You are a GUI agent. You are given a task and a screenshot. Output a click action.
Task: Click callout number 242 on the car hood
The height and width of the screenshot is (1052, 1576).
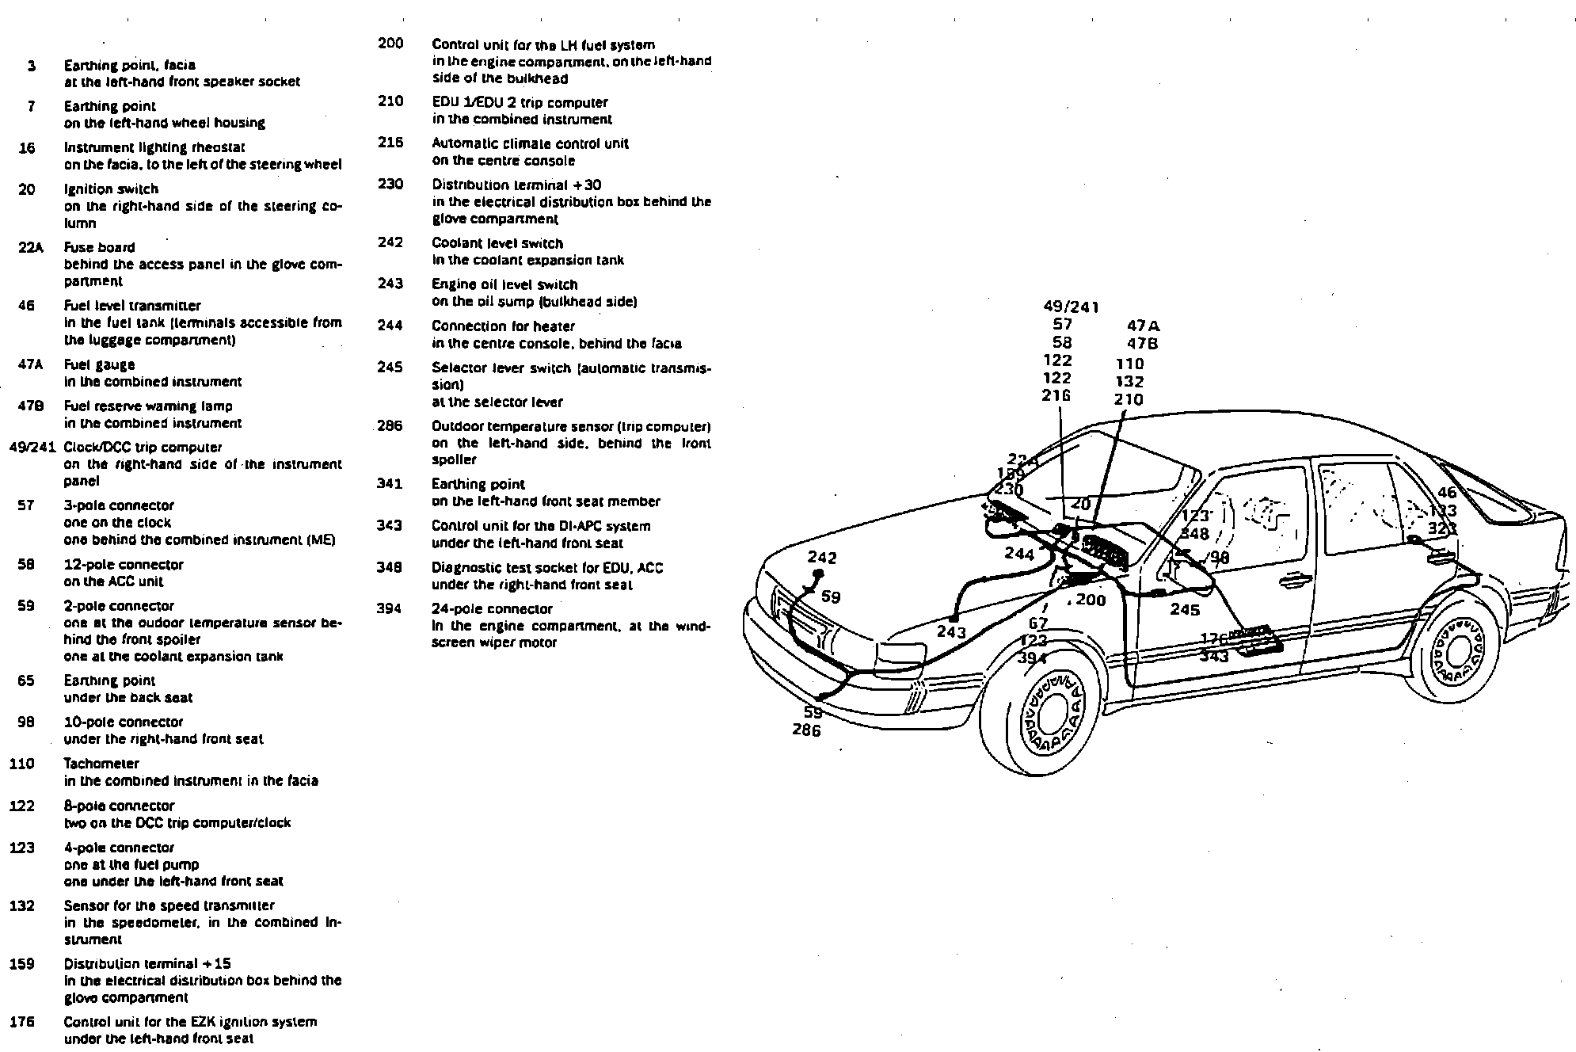(x=822, y=558)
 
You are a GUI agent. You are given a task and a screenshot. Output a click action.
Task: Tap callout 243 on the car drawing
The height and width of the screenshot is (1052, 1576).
(x=951, y=632)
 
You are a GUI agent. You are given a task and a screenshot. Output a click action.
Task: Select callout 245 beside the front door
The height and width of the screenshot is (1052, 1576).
(x=1185, y=610)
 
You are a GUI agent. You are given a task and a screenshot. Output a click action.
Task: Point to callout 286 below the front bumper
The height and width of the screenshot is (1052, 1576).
(x=806, y=730)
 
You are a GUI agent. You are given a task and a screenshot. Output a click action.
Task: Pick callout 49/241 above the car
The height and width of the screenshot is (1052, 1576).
(x=1071, y=307)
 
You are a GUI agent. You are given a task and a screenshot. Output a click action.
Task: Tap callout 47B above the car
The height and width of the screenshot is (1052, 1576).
(x=1142, y=344)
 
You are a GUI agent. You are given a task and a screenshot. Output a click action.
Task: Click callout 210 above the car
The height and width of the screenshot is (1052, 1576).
(x=1129, y=400)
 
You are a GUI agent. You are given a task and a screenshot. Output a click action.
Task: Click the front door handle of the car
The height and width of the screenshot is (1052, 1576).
(x=1293, y=582)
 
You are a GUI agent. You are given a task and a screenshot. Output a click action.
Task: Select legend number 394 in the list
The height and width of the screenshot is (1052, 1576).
(x=389, y=608)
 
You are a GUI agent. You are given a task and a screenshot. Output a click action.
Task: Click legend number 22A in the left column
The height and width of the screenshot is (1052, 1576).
(x=30, y=247)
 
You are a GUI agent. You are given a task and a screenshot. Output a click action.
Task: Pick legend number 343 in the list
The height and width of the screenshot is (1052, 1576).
(x=389, y=525)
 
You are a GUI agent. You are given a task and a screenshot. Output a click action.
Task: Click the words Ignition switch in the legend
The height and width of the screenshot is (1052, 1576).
(x=111, y=189)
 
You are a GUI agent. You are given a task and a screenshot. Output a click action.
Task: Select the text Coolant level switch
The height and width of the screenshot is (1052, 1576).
(x=497, y=243)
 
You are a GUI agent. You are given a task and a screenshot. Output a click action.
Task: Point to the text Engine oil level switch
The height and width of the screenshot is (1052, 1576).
(x=504, y=284)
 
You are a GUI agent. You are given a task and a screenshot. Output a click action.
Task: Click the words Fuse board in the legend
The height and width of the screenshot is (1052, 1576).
(x=99, y=247)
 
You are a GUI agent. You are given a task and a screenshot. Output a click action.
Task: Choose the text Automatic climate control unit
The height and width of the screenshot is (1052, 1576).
(x=530, y=143)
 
